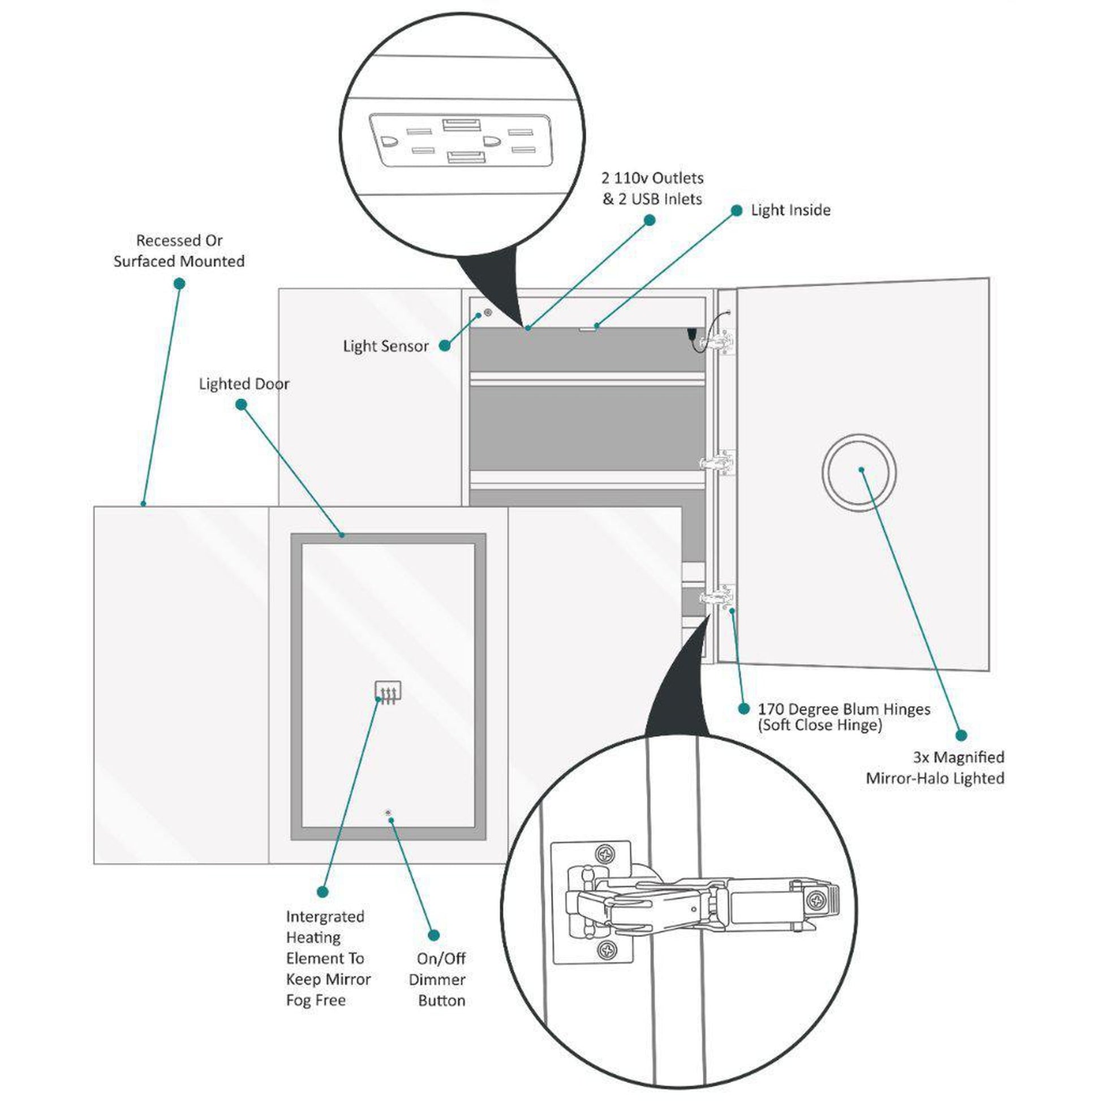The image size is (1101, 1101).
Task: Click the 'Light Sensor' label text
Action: [x=386, y=346]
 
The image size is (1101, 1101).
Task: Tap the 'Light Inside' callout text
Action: [x=790, y=210]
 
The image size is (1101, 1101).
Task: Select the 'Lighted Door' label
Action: [x=244, y=384]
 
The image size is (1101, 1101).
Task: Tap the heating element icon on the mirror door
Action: [x=388, y=693]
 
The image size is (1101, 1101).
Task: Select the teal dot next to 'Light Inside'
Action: [x=736, y=210]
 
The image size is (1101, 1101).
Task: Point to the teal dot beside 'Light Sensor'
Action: [x=445, y=345]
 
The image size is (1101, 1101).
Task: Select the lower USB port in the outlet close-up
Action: [x=466, y=157]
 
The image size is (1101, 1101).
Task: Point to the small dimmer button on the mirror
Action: [x=389, y=812]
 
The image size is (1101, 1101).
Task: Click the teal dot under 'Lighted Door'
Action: [x=241, y=405]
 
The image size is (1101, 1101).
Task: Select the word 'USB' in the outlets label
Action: [x=646, y=200]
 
